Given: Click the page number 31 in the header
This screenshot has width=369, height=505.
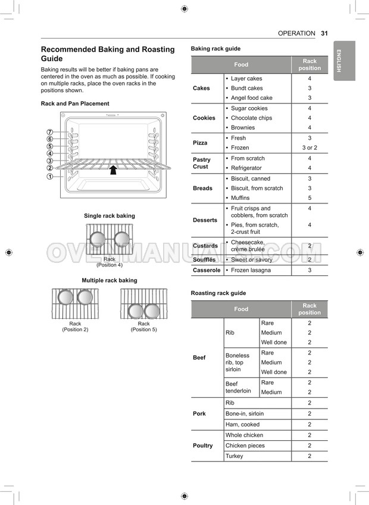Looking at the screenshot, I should pyautogui.click(x=324, y=33).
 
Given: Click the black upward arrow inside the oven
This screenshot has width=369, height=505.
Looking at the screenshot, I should pyautogui.click(x=112, y=171).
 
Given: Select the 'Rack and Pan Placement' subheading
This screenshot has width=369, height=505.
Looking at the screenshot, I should pyautogui.click(x=75, y=103).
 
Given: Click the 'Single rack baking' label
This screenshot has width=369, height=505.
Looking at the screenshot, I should pyautogui.click(x=110, y=216).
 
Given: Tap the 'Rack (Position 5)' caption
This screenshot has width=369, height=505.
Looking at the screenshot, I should pyautogui.click(x=144, y=327).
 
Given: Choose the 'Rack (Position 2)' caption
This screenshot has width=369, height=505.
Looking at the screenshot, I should pyautogui.click(x=75, y=327).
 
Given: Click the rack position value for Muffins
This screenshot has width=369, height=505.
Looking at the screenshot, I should pyautogui.click(x=309, y=197).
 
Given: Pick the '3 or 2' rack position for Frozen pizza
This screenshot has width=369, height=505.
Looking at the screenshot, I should pyautogui.click(x=309, y=148).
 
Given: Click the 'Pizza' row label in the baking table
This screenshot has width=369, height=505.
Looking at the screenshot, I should pyautogui.click(x=200, y=143).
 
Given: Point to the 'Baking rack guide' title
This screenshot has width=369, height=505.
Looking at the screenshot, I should pyautogui.click(x=215, y=49).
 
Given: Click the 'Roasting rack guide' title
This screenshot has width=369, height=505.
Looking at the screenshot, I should pyautogui.click(x=218, y=293).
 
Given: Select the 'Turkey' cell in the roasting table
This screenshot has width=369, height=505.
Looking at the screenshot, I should pyautogui.click(x=234, y=456).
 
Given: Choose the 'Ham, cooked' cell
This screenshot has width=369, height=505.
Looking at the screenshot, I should pyautogui.click(x=242, y=424).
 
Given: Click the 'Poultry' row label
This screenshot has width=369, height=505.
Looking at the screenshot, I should pyautogui.click(x=202, y=446).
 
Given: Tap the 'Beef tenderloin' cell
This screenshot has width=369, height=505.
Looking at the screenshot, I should pyautogui.click(x=238, y=387).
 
